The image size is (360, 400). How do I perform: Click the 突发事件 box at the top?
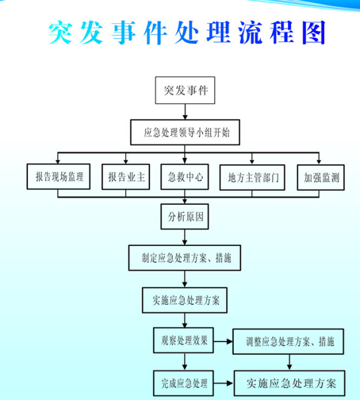(185, 90)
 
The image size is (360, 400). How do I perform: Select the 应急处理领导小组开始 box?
(185, 133)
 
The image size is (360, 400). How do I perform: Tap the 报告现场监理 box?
(59, 176)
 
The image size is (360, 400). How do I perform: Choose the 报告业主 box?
(126, 177)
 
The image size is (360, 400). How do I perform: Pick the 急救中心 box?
(185, 177)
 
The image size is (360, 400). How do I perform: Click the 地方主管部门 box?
(252, 177)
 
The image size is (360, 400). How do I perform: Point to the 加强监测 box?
(321, 177)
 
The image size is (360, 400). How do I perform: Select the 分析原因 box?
(185, 217)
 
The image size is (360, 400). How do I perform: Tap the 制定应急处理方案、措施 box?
(185, 258)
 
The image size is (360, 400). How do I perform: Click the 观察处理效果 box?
(183, 340)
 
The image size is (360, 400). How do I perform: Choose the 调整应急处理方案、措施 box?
(288, 341)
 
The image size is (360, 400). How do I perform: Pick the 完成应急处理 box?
(183, 383)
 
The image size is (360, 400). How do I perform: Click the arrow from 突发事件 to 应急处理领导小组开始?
(185, 112)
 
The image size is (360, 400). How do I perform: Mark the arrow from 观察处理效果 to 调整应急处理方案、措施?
(223, 341)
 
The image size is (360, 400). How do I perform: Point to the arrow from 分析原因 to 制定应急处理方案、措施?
(185, 237)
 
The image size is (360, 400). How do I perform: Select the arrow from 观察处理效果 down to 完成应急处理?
(185, 362)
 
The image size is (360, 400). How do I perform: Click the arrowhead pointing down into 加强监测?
(319, 161)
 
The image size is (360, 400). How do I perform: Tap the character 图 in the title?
(314, 33)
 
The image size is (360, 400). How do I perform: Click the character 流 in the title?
(250, 33)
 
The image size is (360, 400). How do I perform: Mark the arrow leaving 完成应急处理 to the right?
(224, 383)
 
